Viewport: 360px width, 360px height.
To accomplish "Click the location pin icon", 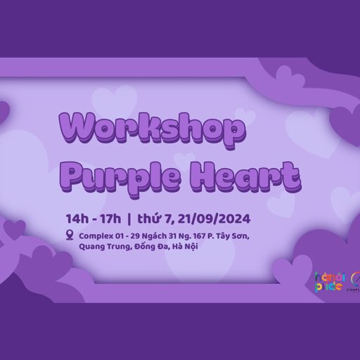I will click(70, 235).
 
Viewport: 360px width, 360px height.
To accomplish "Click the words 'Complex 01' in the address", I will click(103, 235).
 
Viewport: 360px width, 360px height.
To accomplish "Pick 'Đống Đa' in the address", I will click(156, 247).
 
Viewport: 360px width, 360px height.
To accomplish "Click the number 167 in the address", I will click(195, 235).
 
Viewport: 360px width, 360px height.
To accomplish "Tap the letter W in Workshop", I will click(79, 129).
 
